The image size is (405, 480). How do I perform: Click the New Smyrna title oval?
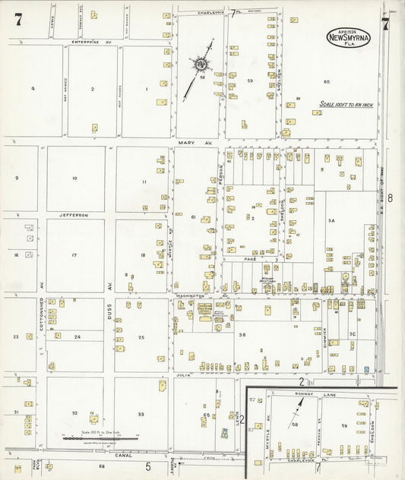(349, 36)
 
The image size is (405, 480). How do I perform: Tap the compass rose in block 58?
(202, 65)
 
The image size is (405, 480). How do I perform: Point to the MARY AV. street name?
(188, 142)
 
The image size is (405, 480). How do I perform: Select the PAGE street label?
(250, 259)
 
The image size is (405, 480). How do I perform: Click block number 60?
(327, 81)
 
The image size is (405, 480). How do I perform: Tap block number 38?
(242, 334)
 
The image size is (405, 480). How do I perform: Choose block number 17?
(74, 255)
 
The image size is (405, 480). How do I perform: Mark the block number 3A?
(331, 220)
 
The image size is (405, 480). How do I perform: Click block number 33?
(141, 414)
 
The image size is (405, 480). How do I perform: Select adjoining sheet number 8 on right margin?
(390, 197)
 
